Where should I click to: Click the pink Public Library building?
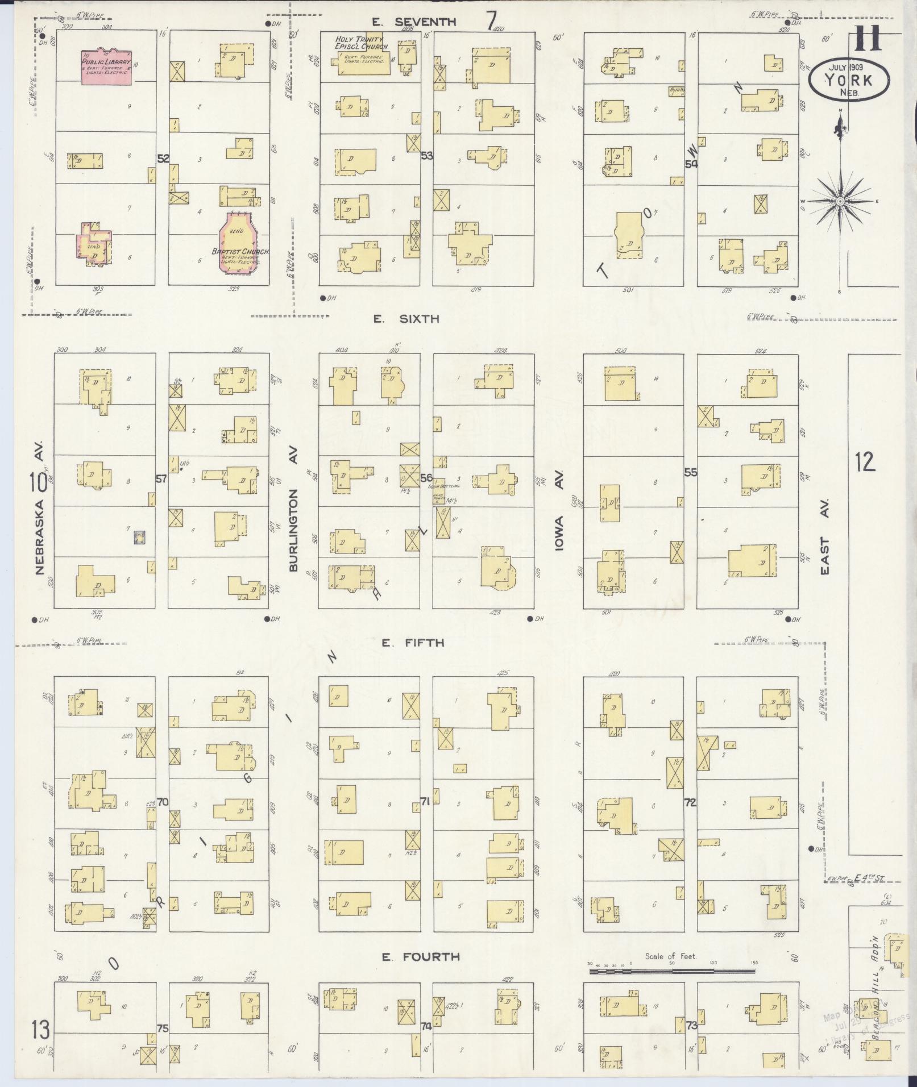(x=106, y=66)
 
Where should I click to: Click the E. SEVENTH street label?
(x=414, y=22)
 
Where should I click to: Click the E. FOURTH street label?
(x=420, y=957)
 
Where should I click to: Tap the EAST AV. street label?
(x=824, y=536)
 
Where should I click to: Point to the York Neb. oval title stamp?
(x=849, y=80)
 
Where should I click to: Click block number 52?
(x=163, y=159)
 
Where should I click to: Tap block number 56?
(x=426, y=477)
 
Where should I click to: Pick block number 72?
(x=690, y=803)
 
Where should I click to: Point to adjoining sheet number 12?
(x=864, y=462)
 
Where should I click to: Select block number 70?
(x=163, y=802)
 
